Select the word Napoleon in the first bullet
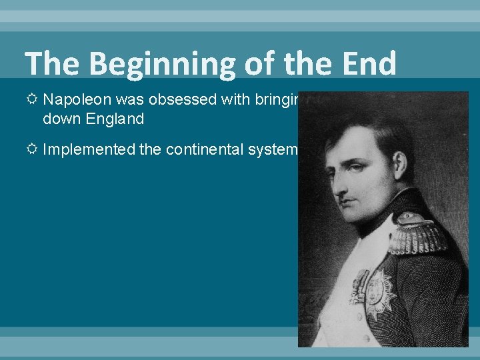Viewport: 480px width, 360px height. (72, 100)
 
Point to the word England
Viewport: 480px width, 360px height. (107, 120)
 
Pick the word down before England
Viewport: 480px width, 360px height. (59, 120)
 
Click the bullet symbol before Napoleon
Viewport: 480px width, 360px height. (32, 100)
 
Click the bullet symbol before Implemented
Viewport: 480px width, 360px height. (32, 149)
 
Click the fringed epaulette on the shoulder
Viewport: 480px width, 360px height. (413, 233)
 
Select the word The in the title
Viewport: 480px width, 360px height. (53, 63)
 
